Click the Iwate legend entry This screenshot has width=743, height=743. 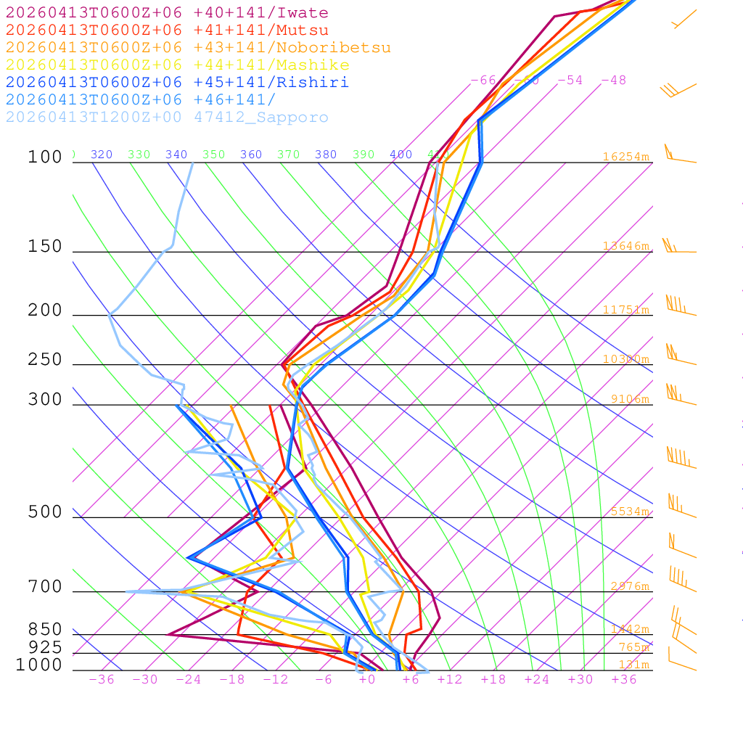pyautogui.click(x=167, y=13)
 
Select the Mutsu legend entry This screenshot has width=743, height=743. pyautogui.click(x=167, y=30)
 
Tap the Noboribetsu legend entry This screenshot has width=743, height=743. pyautogui.click(x=198, y=48)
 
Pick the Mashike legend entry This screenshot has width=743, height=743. pyautogui.click(x=177, y=65)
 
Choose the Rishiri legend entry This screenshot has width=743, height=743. pyautogui.click(x=177, y=83)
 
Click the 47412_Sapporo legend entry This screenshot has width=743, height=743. pyautogui.click(x=167, y=118)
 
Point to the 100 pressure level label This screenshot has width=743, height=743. pyautogui.click(x=45, y=157)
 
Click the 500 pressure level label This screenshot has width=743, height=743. pyautogui.click(x=45, y=512)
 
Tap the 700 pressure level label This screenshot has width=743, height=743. pyautogui.click(x=45, y=587)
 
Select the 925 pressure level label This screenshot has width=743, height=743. pyautogui.click(x=45, y=647)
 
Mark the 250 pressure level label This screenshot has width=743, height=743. pyautogui.click(x=45, y=360)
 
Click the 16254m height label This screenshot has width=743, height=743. pyautogui.click(x=625, y=157)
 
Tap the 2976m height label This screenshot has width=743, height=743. pyautogui.click(x=629, y=586)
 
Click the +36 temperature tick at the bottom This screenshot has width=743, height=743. pyautogui.click(x=624, y=680)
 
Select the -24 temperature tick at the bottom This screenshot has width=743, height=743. pyautogui.click(x=189, y=680)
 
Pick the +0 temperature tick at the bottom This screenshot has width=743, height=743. pyautogui.click(x=367, y=680)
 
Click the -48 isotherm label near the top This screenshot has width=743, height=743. pyautogui.click(x=613, y=81)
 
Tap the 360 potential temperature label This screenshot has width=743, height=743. pyautogui.click(x=250, y=155)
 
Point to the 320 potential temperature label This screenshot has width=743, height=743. pyautogui.click(x=102, y=155)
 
